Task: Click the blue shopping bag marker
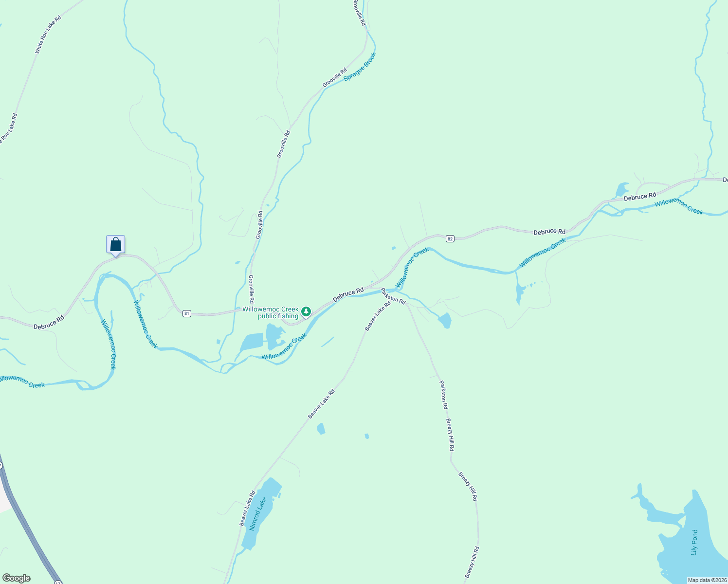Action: [115, 244]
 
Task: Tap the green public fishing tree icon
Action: [306, 311]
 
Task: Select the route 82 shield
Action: [450, 238]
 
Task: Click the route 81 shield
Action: [187, 313]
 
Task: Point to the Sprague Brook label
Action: [360, 67]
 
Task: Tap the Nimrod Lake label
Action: [258, 514]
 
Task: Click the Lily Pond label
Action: [694, 542]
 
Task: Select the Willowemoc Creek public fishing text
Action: [271, 312]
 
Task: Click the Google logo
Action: [17, 578]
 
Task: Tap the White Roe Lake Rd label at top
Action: [48, 35]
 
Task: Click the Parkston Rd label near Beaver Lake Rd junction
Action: [393, 296]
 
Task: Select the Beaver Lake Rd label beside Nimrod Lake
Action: [247, 508]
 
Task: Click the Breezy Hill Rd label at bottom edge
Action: [472, 563]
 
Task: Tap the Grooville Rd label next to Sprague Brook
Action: [335, 78]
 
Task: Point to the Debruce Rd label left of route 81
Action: [49, 323]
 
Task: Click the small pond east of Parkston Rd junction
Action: [445, 320]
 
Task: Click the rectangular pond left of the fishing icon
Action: [252, 343]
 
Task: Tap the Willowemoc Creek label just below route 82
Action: [412, 267]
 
